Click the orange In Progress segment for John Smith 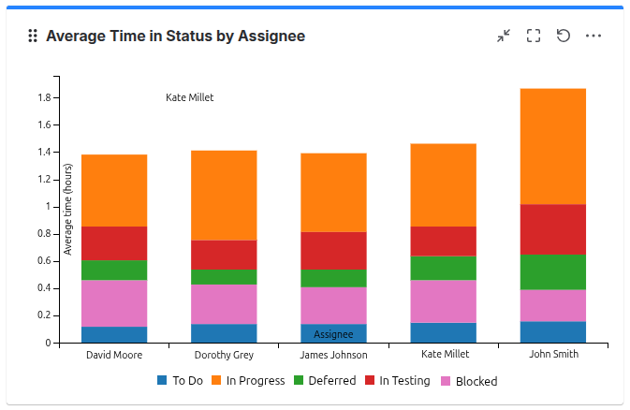pos(552,146)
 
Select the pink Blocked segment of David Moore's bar pos(114,303)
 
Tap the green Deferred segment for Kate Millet pos(443,268)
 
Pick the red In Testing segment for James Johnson pos(333,251)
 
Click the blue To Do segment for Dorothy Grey pos(224,332)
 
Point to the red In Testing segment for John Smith pos(552,229)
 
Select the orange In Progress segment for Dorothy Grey pos(224,195)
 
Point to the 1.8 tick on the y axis pos(44,97)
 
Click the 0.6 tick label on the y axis pos(44,261)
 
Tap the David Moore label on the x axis pos(114,355)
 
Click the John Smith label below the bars pos(553,354)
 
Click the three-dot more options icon pos(593,36)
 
